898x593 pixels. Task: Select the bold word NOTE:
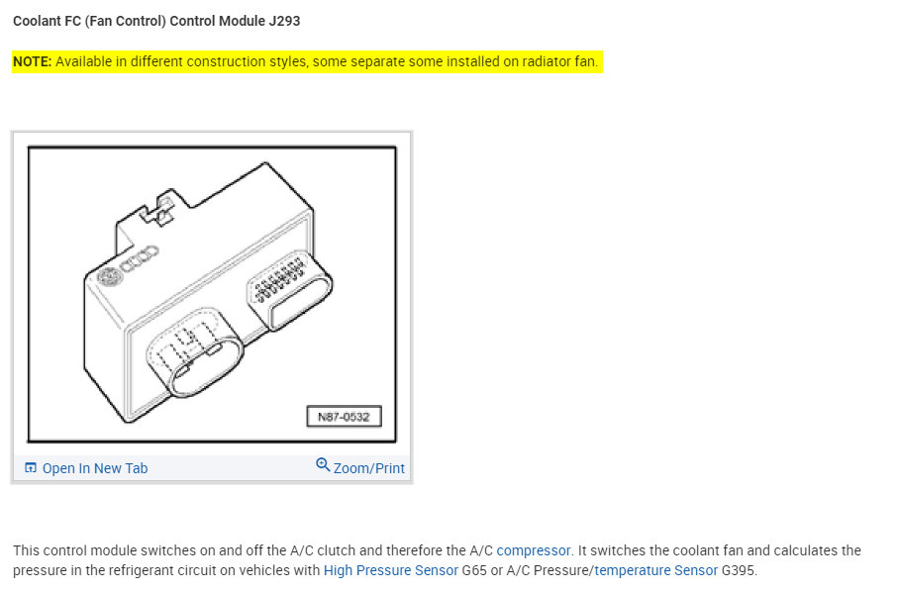pyautogui.click(x=33, y=62)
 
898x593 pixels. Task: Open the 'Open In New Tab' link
pyautogui.click(x=94, y=468)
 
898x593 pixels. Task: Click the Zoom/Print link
pyautogui.click(x=368, y=468)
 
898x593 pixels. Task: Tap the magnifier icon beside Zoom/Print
pyautogui.click(x=323, y=465)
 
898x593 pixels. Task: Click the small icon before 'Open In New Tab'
pyautogui.click(x=31, y=468)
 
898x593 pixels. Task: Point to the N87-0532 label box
pyautogui.click(x=344, y=417)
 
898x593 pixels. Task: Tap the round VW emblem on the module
pyautogui.click(x=106, y=278)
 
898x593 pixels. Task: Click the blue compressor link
pyautogui.click(x=534, y=550)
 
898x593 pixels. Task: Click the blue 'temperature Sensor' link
pyautogui.click(x=655, y=571)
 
